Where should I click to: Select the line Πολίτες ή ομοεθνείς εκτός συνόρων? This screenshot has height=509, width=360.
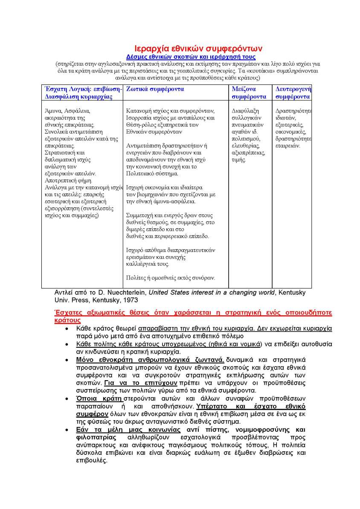pos(171,278)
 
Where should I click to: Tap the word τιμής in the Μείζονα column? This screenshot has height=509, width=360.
pos(239,160)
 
